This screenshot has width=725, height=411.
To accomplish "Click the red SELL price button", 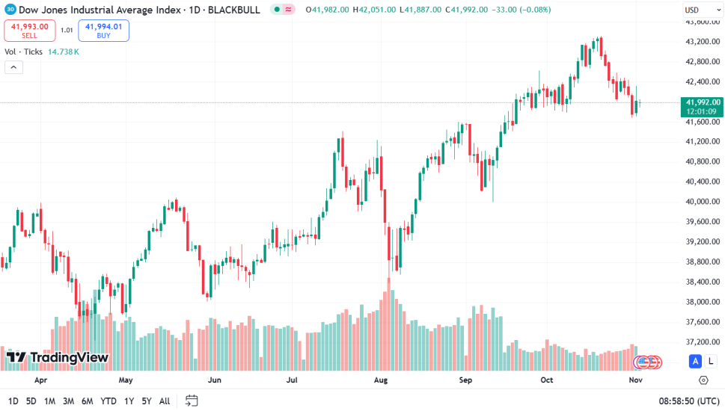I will (29, 30).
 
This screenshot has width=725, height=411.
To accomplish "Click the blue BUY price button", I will (103, 30).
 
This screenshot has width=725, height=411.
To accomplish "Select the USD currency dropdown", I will (702, 10).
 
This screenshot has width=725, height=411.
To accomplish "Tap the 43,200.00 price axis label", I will (702, 41).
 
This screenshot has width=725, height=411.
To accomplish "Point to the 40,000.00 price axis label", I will (702, 201).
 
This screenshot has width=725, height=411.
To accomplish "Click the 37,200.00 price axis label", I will (702, 342).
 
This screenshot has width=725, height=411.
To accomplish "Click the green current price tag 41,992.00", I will (702, 102).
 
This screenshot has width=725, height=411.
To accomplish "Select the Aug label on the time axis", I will (381, 380).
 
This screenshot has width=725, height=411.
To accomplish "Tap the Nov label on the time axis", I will (636, 380).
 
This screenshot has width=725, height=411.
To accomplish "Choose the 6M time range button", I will (88, 401).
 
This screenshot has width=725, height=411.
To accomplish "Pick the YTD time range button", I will (108, 401).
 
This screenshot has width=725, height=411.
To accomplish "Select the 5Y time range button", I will (147, 401).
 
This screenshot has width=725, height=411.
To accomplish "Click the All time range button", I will (165, 401).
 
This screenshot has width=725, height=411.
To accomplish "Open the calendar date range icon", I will (192, 401).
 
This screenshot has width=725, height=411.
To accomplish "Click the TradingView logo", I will (58, 357).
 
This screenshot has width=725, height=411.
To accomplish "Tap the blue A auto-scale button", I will (695, 362).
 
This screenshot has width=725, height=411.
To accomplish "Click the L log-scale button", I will (710, 362).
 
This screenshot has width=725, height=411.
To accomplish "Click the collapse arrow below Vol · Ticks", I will (13, 67).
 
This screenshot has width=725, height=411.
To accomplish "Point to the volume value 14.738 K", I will (64, 52).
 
